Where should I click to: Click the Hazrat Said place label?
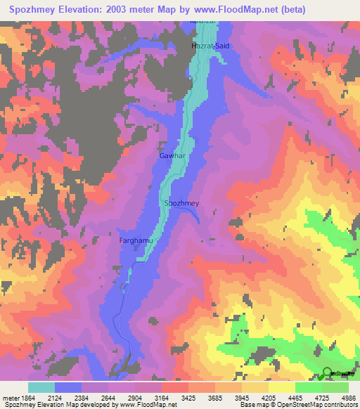210,46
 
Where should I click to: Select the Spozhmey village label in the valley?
182,203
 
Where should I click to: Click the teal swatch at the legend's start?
41,387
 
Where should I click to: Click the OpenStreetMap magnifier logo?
327,373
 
